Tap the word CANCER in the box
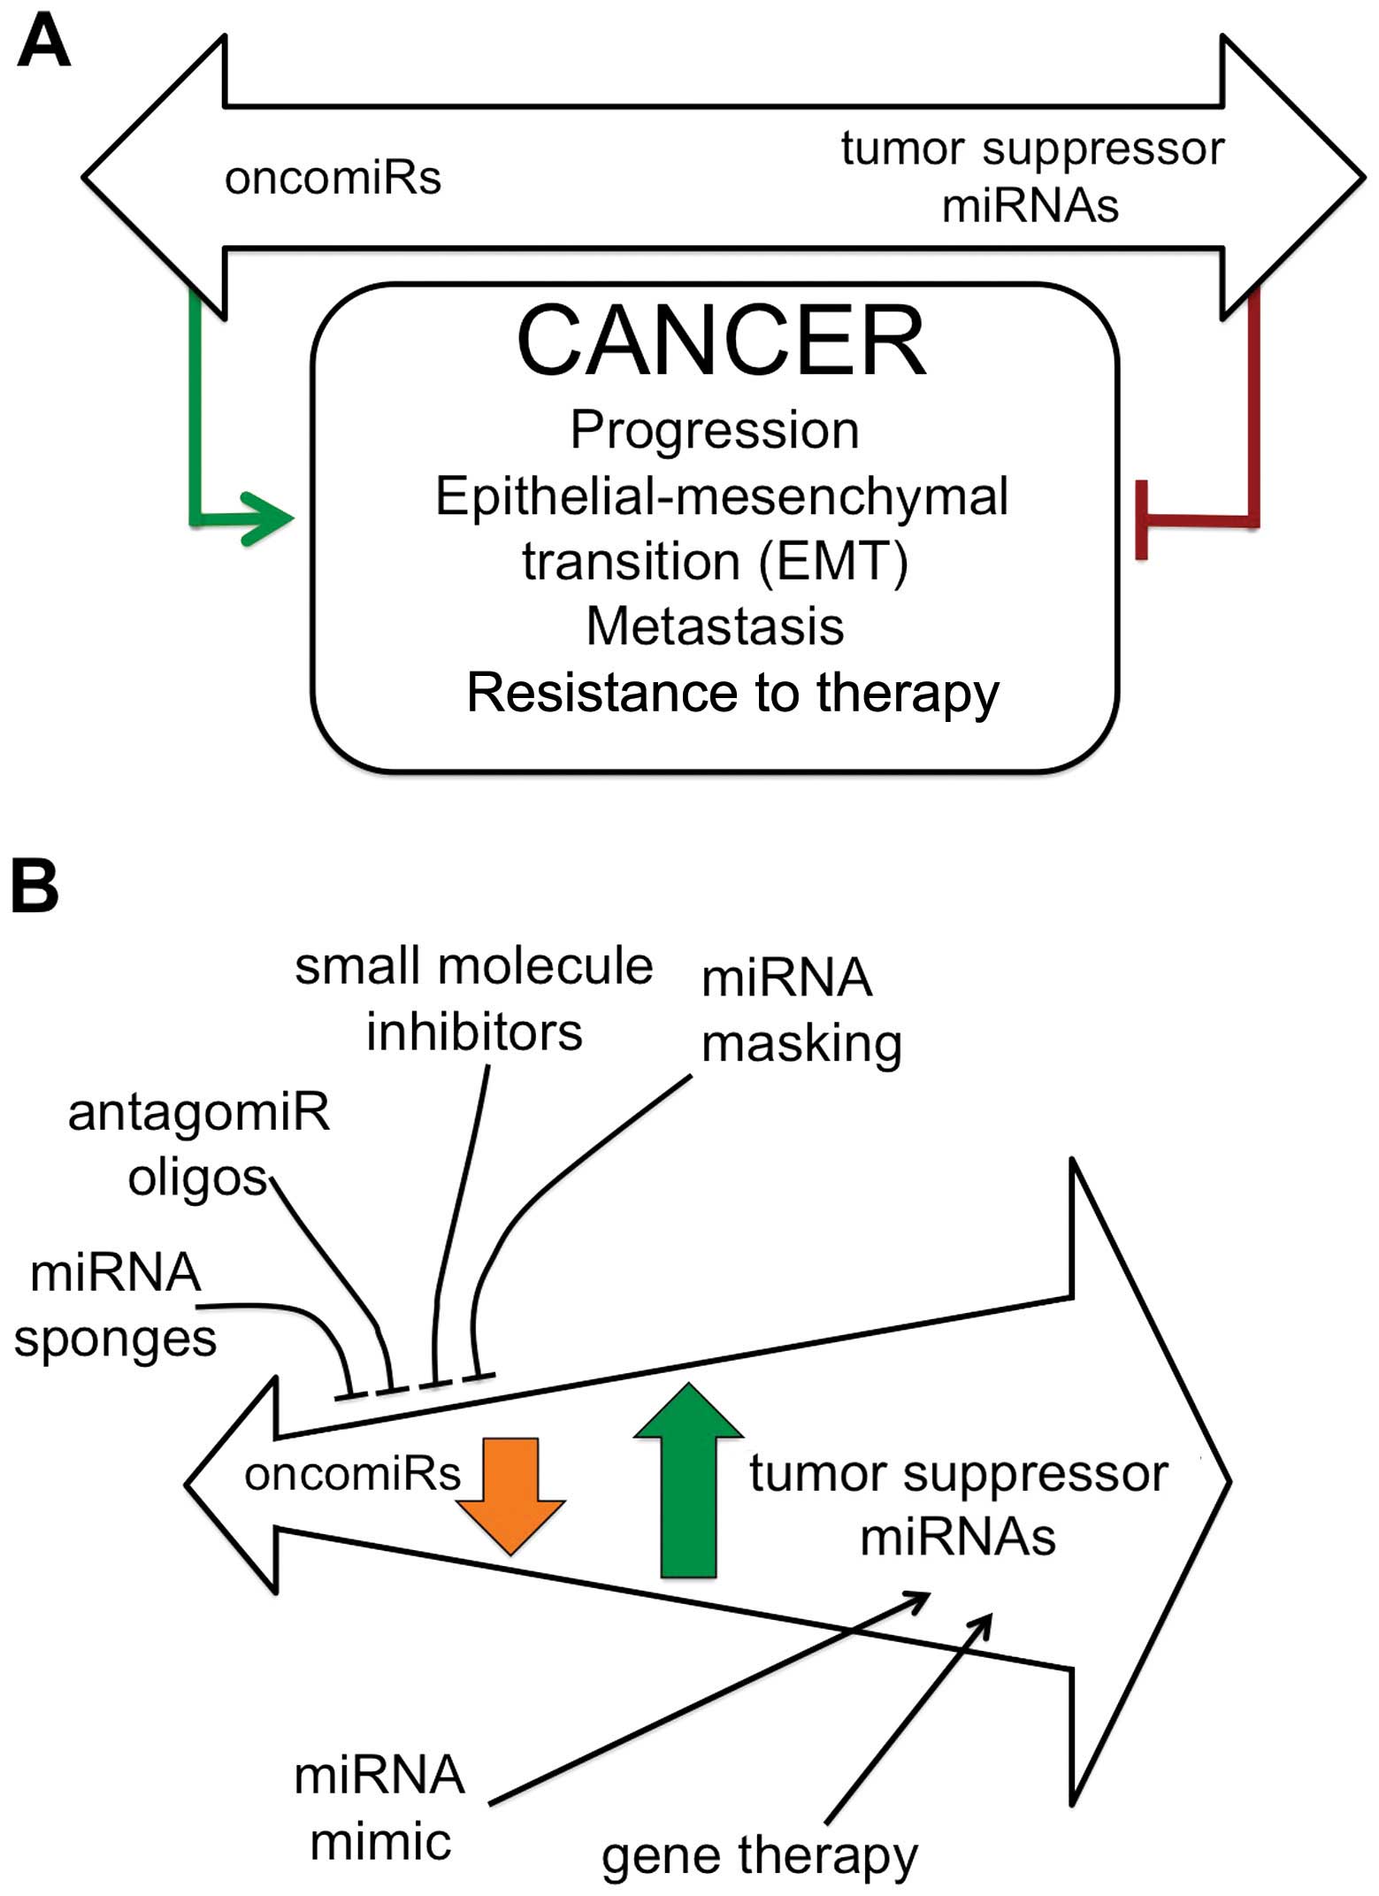coord(721,342)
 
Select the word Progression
coord(715,431)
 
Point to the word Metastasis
coord(715,626)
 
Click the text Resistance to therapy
coord(732,693)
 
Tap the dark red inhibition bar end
coord(1142,520)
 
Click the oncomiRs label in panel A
coord(333,178)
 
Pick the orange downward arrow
coord(510,1496)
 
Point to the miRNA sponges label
coord(115,1306)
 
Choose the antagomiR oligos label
coord(198,1145)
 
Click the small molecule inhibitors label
coord(474,999)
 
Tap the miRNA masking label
coord(801,1011)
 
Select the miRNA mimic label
coord(380,1809)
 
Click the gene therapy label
coord(759,1856)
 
